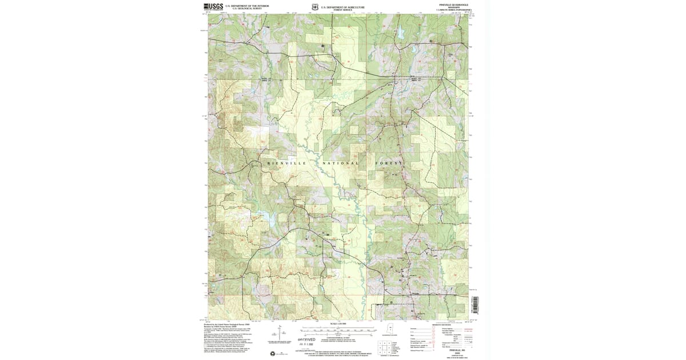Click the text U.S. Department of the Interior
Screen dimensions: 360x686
tap(247, 5)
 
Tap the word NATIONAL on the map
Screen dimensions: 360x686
tap(341, 163)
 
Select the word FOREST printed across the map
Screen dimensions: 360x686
tap(390, 163)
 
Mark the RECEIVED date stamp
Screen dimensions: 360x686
tap(307, 340)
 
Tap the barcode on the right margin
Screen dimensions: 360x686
tap(473, 303)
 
